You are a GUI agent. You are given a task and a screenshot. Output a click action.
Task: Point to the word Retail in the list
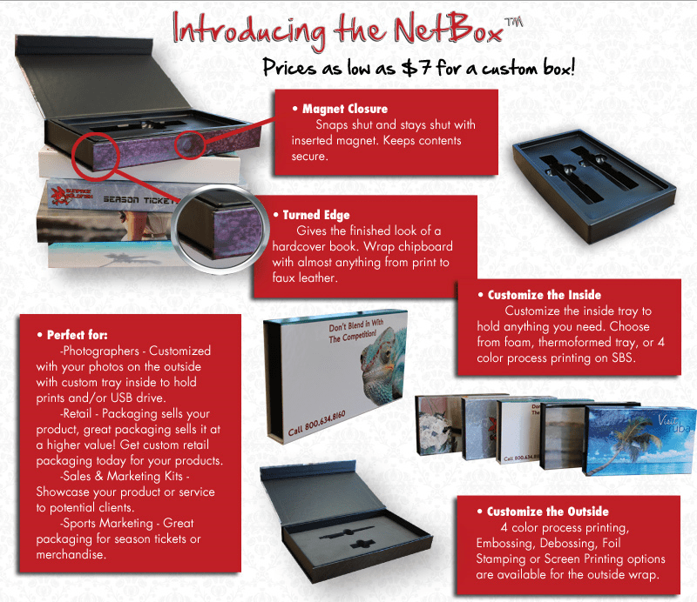tap(83, 413)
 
